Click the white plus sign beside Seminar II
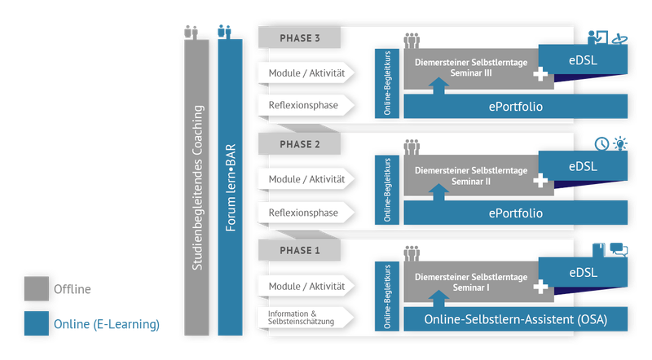click(x=540, y=182)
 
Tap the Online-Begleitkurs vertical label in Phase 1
click(x=387, y=296)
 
